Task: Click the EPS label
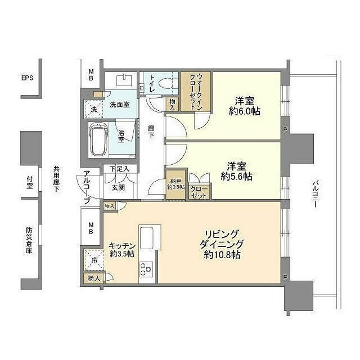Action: tap(28, 78)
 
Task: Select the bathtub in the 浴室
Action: tap(98, 139)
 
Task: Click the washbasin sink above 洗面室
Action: tap(124, 80)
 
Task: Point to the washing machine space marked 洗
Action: tap(93, 109)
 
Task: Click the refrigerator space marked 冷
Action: tap(94, 260)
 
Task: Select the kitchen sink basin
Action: tap(146, 237)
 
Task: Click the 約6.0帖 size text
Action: tap(244, 111)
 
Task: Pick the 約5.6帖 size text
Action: tap(236, 176)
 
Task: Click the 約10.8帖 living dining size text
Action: tap(222, 255)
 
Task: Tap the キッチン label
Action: tap(122, 246)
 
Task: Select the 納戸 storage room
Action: tap(175, 184)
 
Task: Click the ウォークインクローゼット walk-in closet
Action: tap(196, 92)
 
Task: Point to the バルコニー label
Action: tap(316, 194)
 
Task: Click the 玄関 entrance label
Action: tap(119, 187)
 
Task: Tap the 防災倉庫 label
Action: tap(29, 240)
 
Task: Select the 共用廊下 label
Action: tap(56, 179)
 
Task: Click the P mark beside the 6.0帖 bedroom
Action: tap(285, 130)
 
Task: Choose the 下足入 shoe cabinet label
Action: tap(119, 169)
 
